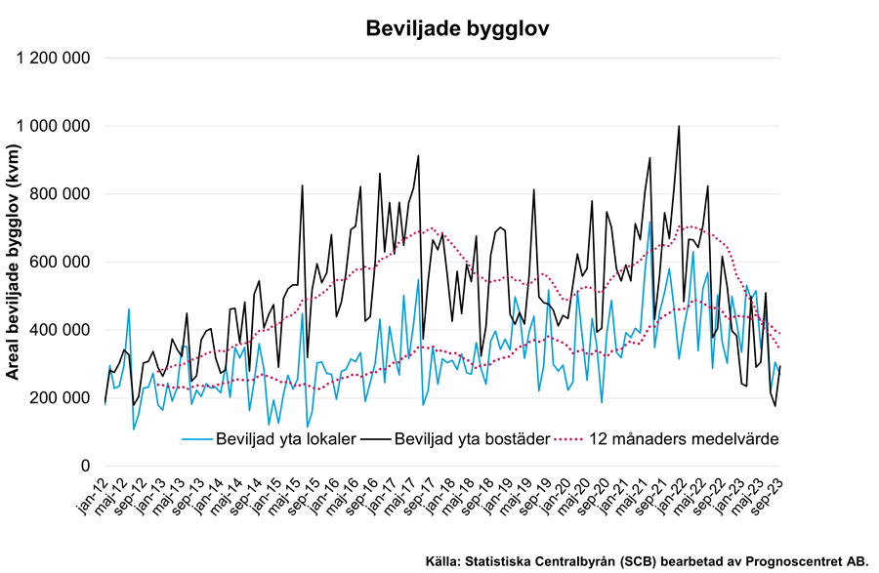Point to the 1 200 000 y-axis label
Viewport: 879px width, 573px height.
click(55, 58)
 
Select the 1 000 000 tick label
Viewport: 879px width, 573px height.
click(55, 126)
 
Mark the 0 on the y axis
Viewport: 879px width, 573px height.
click(86, 466)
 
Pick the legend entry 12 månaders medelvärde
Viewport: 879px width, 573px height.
click(684, 439)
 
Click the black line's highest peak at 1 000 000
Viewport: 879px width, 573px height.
click(679, 126)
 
